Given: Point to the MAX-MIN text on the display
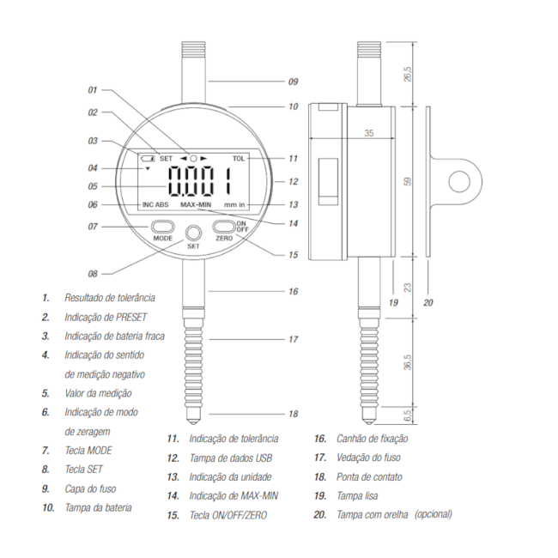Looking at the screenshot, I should coord(197,205).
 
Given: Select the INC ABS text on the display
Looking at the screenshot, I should coord(155,205).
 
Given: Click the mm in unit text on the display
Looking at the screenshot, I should coord(235,205).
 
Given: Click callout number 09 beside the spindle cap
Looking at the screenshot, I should coord(292,82).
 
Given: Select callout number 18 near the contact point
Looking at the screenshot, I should coord(293,414).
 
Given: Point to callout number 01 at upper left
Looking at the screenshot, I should coord(94,89).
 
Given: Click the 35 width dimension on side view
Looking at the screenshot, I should coord(367,134).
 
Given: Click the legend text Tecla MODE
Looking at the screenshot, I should coord(88,450).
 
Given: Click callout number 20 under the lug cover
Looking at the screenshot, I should coord(429,302).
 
